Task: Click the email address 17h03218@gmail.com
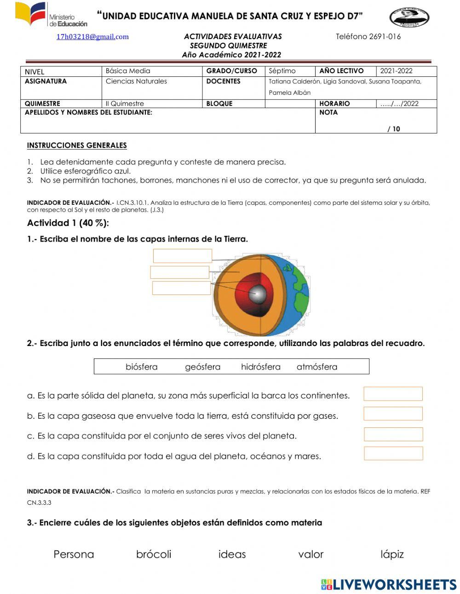tap(92, 37)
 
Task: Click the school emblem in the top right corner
tap(409, 18)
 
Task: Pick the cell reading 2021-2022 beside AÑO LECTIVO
tap(406, 71)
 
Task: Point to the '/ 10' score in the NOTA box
tap(393, 129)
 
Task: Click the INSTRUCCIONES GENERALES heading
tap(77, 145)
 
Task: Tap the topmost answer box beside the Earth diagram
tap(182, 256)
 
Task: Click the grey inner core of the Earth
tap(258, 294)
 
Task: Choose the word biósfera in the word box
tap(141, 367)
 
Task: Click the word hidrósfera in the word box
tap(260, 367)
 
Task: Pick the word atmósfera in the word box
tap(316, 367)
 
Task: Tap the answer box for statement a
tap(393, 394)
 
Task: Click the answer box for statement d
tap(393, 453)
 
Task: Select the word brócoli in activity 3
tap(154, 554)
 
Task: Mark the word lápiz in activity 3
tap(392, 554)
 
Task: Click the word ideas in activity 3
tap(232, 554)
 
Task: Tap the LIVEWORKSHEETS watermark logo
tap(389, 584)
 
